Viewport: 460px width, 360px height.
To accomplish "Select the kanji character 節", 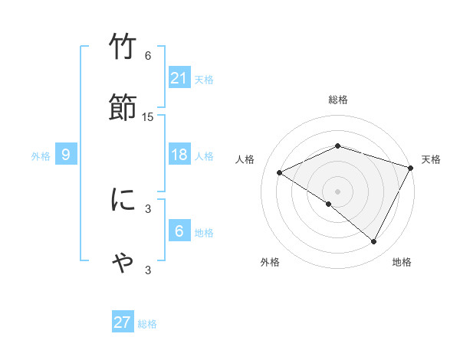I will pyautogui.click(x=123, y=107).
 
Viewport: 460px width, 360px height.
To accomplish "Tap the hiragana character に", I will pyautogui.click(x=123, y=200).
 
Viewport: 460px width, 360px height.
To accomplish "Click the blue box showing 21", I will pyautogui.click(x=179, y=78).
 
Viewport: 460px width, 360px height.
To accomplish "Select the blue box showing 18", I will pyautogui.click(x=179, y=155).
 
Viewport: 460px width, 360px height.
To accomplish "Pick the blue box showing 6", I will pyautogui.click(x=179, y=231).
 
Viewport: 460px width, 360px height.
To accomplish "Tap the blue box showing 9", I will pyautogui.click(x=66, y=155).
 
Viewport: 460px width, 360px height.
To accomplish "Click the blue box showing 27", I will pyautogui.click(x=123, y=322).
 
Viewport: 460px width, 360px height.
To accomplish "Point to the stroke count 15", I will pyautogui.click(x=148, y=116).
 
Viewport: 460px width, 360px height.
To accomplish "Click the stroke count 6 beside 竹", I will pyautogui.click(x=148, y=55).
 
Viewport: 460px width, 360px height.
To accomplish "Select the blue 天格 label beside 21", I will pyautogui.click(x=204, y=79).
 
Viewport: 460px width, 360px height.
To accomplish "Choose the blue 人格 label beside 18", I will pyautogui.click(x=204, y=155).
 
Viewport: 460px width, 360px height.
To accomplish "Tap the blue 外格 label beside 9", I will pyautogui.click(x=41, y=155).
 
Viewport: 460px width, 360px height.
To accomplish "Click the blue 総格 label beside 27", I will pyautogui.click(x=147, y=323).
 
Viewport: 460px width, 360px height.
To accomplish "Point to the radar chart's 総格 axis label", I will pyautogui.click(x=337, y=100).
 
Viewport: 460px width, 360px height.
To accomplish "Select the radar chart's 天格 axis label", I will pyautogui.click(x=431, y=159).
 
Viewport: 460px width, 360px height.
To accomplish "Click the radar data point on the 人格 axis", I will pyautogui.click(x=280, y=172).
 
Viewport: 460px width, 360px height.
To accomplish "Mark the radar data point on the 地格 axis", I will pyautogui.click(x=374, y=242).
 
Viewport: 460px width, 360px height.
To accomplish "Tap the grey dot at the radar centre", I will pyautogui.click(x=337, y=191).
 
